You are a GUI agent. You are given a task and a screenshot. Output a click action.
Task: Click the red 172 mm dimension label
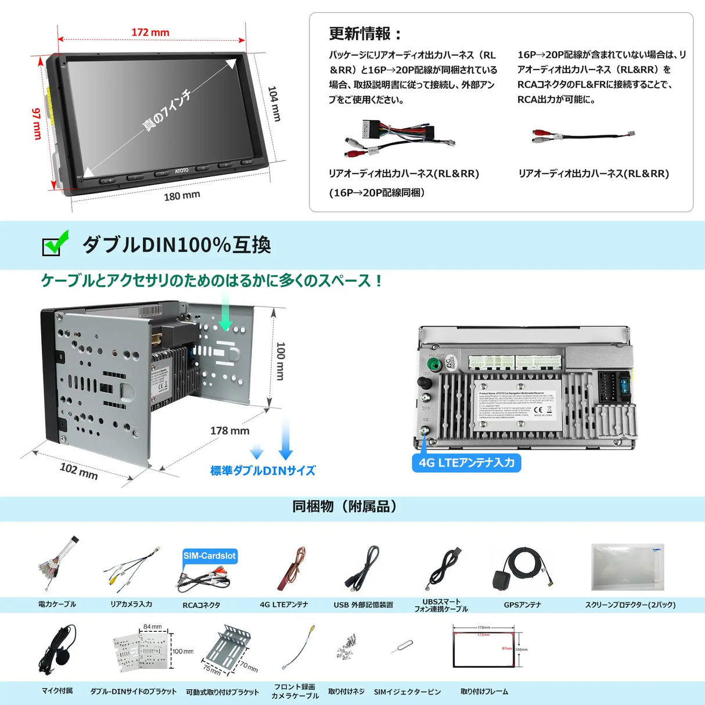(150, 33)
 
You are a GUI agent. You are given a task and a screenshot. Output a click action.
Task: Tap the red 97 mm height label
(37, 123)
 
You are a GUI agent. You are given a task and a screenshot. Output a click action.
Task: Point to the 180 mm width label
(182, 196)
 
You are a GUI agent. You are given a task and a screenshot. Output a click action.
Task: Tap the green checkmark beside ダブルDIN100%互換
(56, 243)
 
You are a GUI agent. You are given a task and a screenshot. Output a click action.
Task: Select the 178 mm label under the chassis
(229, 431)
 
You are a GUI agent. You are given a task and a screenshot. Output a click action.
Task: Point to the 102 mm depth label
(79, 470)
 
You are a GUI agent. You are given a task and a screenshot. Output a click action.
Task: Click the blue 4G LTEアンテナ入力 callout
(466, 463)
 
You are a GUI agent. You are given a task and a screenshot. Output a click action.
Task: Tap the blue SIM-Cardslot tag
(210, 556)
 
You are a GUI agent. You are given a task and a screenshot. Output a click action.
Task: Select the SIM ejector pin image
(402, 647)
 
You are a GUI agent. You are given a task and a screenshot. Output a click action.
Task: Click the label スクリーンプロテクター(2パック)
(630, 605)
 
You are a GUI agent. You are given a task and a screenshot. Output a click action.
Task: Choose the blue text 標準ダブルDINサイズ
(262, 470)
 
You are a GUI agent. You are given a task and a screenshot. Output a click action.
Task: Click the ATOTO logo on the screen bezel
(182, 171)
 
